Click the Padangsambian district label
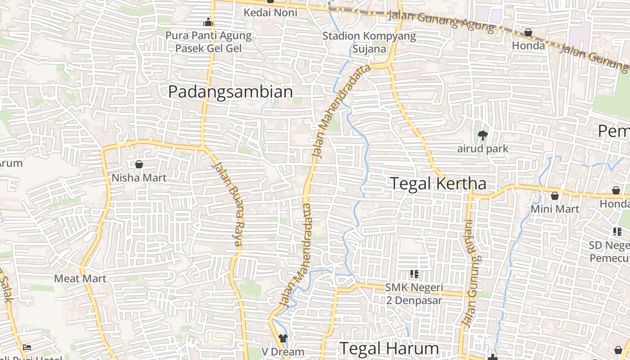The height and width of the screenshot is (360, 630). pyautogui.click(x=230, y=92)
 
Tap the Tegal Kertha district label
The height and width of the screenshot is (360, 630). pyautogui.click(x=438, y=184)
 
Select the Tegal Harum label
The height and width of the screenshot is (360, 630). pyautogui.click(x=389, y=348)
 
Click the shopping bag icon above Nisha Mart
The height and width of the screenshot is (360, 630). pyautogui.click(x=139, y=165)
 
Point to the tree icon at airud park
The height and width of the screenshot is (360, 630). pyautogui.click(x=483, y=135)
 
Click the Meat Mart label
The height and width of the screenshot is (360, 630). pyautogui.click(x=80, y=279)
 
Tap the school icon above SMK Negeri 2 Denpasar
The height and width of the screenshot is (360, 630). pyautogui.click(x=414, y=274)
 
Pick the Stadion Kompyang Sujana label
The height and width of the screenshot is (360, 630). pyautogui.click(x=369, y=42)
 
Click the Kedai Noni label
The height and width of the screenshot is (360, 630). pyautogui.click(x=270, y=13)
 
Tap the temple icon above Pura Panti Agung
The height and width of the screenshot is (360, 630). pyautogui.click(x=208, y=22)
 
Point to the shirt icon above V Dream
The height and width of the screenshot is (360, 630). pyautogui.click(x=283, y=338)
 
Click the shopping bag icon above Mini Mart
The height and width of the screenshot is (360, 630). pyautogui.click(x=555, y=196)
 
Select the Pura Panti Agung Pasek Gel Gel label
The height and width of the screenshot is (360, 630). pyautogui.click(x=208, y=41)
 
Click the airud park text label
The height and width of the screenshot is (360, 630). pyautogui.click(x=483, y=148)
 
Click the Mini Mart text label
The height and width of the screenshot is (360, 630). pyautogui.click(x=555, y=209)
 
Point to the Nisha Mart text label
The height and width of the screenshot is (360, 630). pyautogui.click(x=139, y=178)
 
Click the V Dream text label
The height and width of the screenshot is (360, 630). pyautogui.click(x=283, y=351)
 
